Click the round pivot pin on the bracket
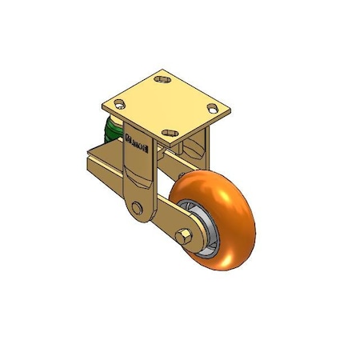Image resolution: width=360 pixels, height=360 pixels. pyautogui.click(x=139, y=209)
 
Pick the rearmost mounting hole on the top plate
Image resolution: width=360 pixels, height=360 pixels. pyautogui.click(x=165, y=80)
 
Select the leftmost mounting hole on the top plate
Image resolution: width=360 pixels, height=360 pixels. pyautogui.click(x=120, y=103)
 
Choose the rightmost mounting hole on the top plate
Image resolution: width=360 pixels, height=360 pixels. pyautogui.click(x=213, y=107)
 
